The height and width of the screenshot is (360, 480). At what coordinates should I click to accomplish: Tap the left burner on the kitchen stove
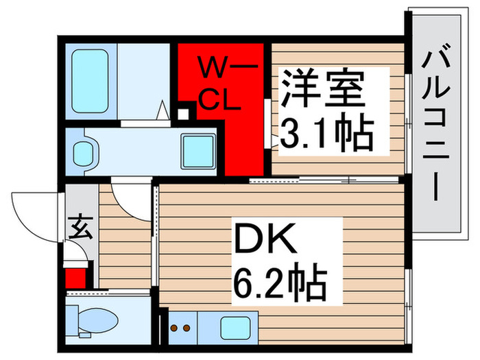(x=174, y=328)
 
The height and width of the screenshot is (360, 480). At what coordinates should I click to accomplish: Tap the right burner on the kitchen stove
(x=184, y=328)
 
